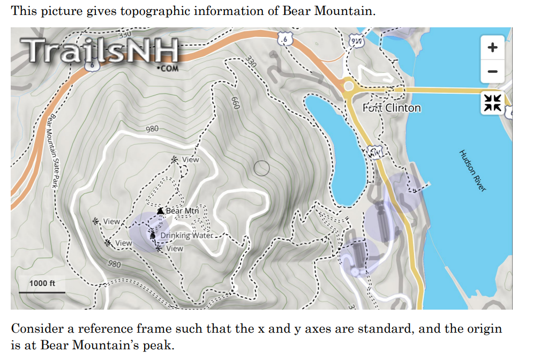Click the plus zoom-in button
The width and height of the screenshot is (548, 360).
pyautogui.click(x=492, y=47)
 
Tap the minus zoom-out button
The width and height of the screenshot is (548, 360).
pyautogui.click(x=492, y=71)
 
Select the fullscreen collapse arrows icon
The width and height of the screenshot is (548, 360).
pyautogui.click(x=492, y=102)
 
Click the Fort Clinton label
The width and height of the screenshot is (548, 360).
pyautogui.click(x=392, y=108)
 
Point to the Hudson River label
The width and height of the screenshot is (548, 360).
pyautogui.click(x=472, y=170)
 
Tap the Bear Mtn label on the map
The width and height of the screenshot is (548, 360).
pyautogui.click(x=182, y=211)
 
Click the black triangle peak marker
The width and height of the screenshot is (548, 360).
pyautogui.click(x=160, y=211)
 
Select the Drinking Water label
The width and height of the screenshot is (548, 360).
pyautogui.click(x=186, y=235)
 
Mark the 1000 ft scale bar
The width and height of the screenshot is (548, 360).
pyautogui.click(x=42, y=292)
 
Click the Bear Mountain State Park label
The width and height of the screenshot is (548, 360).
pyautogui.click(x=53, y=151)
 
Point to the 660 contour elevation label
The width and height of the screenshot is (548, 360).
pyautogui.click(x=235, y=103)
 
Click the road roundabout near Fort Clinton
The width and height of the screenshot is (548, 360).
pyautogui.click(x=349, y=86)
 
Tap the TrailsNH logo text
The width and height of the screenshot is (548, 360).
pyautogui.click(x=102, y=50)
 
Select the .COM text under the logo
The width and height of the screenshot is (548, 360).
pyautogui.click(x=167, y=69)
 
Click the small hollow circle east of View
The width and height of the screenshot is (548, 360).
pyautogui.click(x=261, y=168)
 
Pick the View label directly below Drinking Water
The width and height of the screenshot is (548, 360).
pyautogui.click(x=175, y=249)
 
